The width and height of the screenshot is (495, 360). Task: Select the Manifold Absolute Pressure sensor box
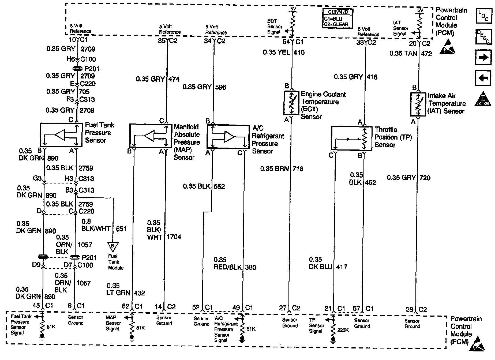point(151,136)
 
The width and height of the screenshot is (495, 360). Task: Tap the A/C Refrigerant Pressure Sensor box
point(228,136)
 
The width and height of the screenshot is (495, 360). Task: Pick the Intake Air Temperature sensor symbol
point(418,104)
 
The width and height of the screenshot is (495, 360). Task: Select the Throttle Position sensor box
point(351,138)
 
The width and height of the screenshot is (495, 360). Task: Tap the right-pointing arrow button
point(483,57)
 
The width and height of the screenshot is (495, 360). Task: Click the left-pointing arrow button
point(483,78)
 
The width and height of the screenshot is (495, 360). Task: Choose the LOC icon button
point(483,16)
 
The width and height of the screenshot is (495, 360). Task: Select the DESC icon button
point(483,37)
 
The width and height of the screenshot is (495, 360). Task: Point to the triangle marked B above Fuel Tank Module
point(113,246)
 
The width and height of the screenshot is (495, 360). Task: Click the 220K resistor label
point(343,330)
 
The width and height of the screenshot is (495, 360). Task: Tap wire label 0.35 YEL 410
point(284,52)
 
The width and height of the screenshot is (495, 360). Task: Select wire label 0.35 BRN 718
point(282,169)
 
